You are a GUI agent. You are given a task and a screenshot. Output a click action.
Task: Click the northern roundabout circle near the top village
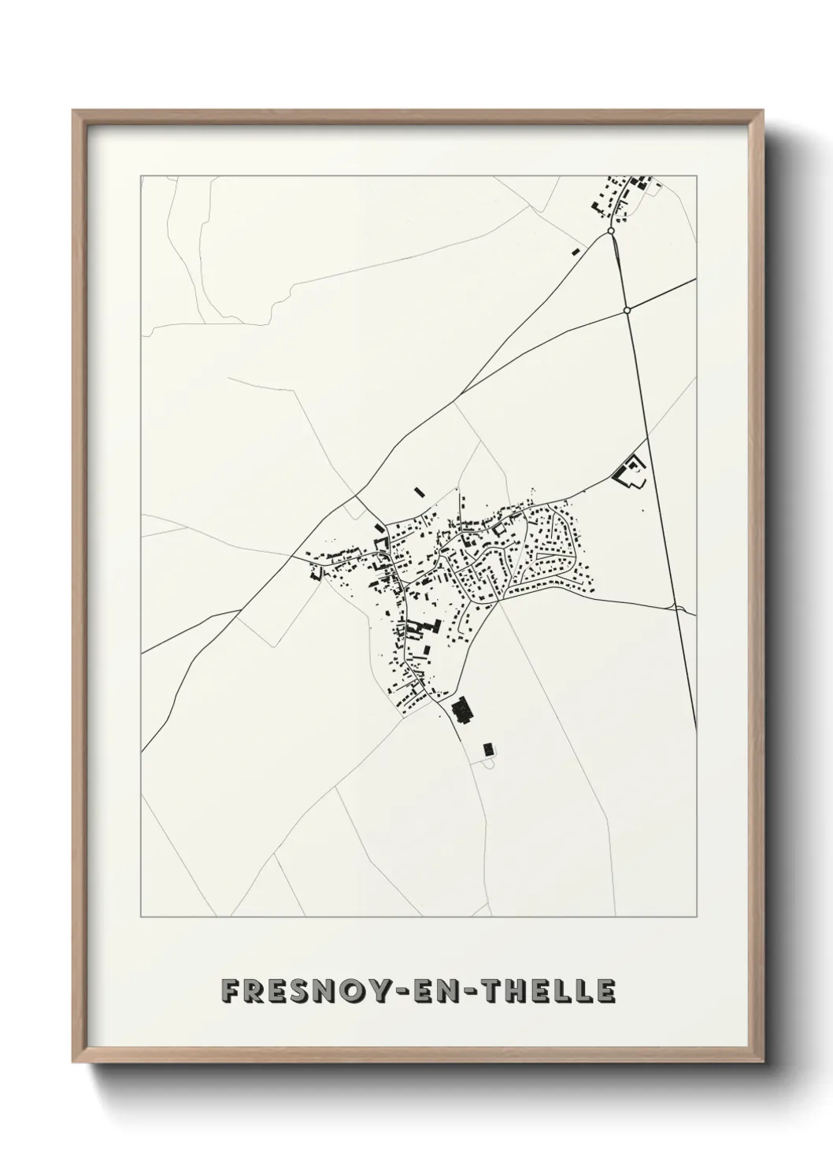click(x=611, y=231)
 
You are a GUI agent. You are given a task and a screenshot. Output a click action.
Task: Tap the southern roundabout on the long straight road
click(x=627, y=310)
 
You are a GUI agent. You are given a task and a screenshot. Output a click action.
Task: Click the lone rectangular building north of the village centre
click(x=420, y=492)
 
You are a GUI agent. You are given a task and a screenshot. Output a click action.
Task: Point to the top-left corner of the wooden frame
click(x=73, y=111)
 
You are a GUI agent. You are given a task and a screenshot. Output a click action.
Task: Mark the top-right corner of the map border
click(x=696, y=176)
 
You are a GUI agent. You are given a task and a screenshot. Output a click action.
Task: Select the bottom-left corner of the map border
click(x=142, y=917)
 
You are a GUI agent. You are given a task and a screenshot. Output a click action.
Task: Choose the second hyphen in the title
click(x=495, y=992)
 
